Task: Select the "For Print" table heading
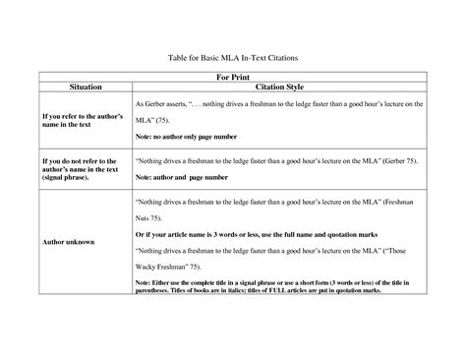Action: pyautogui.click(x=233, y=79)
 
